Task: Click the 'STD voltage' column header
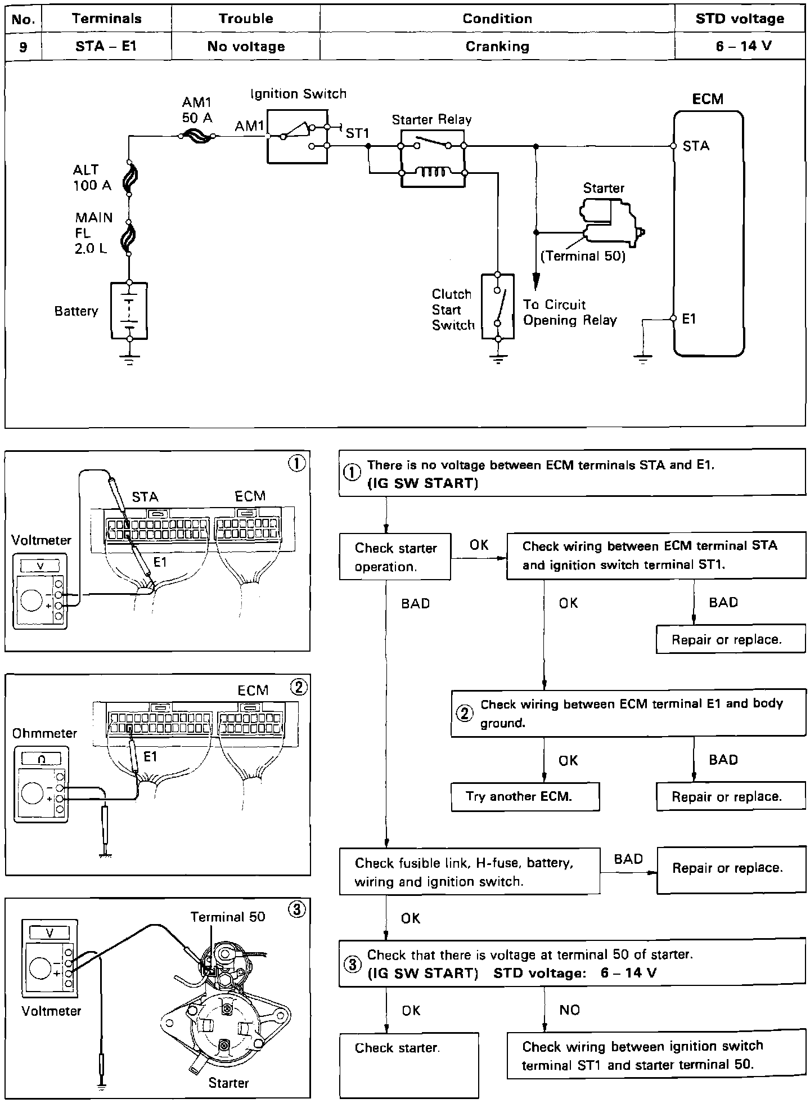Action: click(x=739, y=19)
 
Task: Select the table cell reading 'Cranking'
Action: click(x=497, y=46)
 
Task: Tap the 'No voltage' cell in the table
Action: click(x=246, y=46)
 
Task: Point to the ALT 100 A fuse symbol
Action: click(x=129, y=179)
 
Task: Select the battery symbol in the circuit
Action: click(x=129, y=311)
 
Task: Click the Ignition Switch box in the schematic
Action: click(x=297, y=137)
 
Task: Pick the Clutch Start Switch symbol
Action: click(x=498, y=307)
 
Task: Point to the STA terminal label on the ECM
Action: click(x=696, y=146)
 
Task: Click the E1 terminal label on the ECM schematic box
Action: click(x=689, y=319)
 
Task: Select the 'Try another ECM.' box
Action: click(x=525, y=796)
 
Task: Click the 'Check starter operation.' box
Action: click(x=395, y=557)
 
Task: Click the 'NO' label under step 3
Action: click(x=569, y=1010)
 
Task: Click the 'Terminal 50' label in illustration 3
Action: click(x=228, y=917)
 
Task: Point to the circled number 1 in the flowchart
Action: click(x=352, y=473)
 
